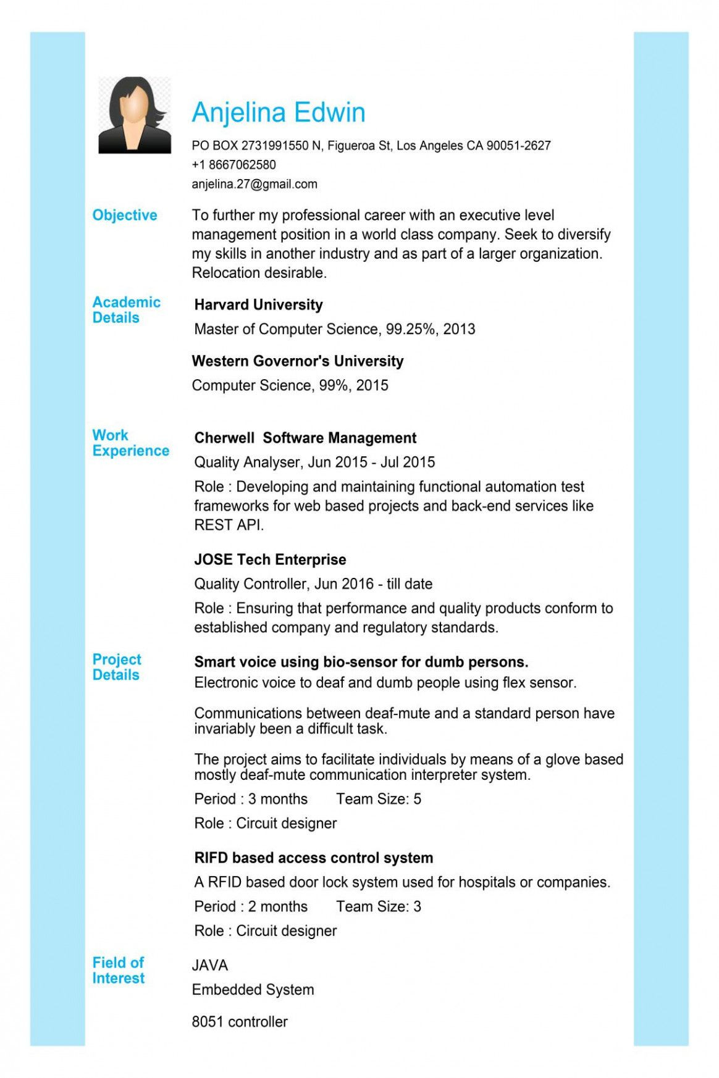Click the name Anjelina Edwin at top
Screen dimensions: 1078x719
(x=278, y=112)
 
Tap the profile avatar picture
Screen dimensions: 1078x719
(x=135, y=115)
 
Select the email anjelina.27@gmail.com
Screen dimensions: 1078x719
(x=254, y=184)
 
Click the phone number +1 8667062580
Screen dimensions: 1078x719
(x=233, y=165)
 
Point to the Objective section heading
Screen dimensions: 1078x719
(x=124, y=215)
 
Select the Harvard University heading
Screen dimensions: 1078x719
(x=258, y=305)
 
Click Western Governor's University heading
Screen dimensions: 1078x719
(x=297, y=361)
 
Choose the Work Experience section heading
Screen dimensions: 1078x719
(x=130, y=443)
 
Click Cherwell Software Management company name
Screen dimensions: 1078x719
(x=305, y=438)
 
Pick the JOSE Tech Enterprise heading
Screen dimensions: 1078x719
(x=270, y=560)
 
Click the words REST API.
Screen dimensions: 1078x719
(x=228, y=525)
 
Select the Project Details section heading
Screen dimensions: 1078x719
(x=117, y=667)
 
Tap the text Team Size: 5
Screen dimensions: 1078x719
(x=378, y=799)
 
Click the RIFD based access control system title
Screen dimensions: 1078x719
(x=313, y=858)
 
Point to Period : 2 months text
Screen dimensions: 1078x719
(x=250, y=906)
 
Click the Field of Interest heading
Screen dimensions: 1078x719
(x=118, y=970)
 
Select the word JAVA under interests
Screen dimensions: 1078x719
(x=209, y=966)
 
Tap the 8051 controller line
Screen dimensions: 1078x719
(x=239, y=1022)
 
